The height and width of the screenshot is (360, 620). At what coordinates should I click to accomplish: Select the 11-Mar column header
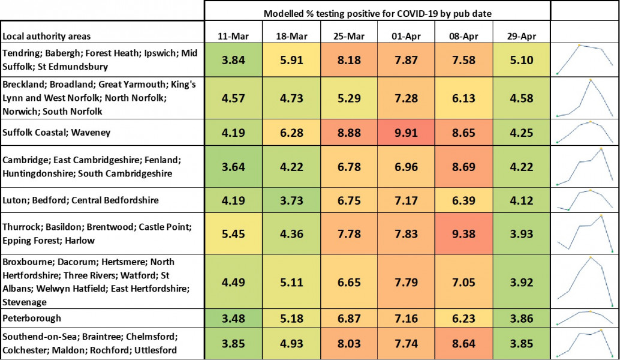tap(233, 36)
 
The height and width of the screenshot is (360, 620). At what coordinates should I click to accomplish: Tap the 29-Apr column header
tap(522, 36)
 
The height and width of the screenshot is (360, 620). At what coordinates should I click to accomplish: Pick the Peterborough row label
tap(32, 318)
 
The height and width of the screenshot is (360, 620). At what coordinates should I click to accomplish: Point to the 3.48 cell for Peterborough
tap(233, 318)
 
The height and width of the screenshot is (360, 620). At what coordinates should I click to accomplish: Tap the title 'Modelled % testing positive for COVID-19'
tap(377, 13)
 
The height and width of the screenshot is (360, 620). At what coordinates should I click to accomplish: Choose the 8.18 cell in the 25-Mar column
tap(349, 60)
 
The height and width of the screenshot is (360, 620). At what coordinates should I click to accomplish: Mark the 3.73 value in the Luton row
tap(291, 200)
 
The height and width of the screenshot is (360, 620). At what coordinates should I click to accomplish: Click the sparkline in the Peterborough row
tap(585, 317)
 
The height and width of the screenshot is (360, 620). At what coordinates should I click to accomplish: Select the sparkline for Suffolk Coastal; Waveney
tap(585, 131)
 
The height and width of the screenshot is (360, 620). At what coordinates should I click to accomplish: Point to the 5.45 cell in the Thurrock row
tap(233, 233)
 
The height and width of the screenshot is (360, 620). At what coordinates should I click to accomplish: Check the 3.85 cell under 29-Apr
tap(522, 343)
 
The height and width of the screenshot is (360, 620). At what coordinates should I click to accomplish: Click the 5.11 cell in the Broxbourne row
tap(291, 282)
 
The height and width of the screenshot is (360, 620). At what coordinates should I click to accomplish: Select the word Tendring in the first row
tap(22, 53)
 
